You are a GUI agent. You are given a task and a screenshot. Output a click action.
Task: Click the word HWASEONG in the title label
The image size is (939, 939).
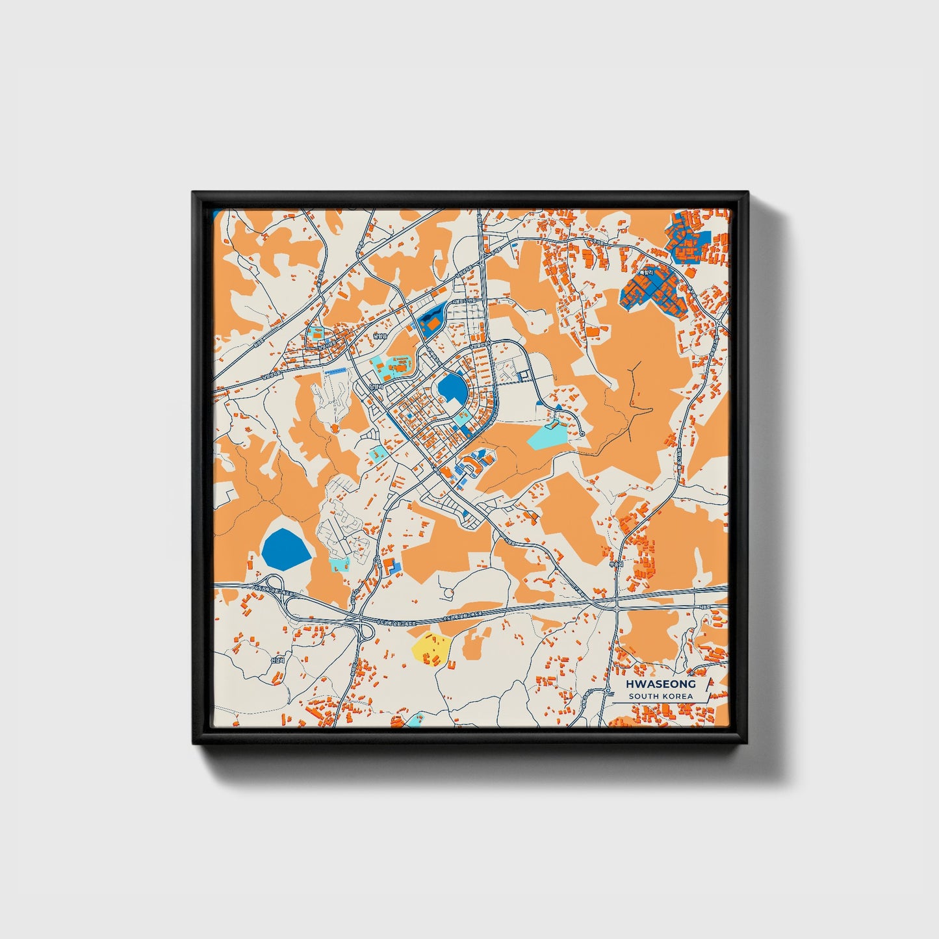tap(661, 684)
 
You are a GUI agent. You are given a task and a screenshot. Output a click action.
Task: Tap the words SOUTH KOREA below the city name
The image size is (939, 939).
tap(661, 697)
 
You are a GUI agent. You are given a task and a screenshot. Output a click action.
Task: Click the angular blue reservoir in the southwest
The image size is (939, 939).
tap(286, 548)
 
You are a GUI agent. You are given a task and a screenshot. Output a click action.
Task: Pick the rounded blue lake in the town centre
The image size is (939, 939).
tap(452, 391)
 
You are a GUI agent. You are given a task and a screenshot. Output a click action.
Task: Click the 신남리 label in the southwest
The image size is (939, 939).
tap(277, 660)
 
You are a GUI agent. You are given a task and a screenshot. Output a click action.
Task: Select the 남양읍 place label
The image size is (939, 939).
tap(379, 336)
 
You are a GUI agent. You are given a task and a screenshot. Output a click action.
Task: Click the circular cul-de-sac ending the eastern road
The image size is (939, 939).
tap(582, 433)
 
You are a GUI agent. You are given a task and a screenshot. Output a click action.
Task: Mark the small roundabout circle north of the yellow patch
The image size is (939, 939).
tap(448, 593)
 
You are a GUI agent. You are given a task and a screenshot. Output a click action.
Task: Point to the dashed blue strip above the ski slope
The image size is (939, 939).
tap(336, 371)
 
